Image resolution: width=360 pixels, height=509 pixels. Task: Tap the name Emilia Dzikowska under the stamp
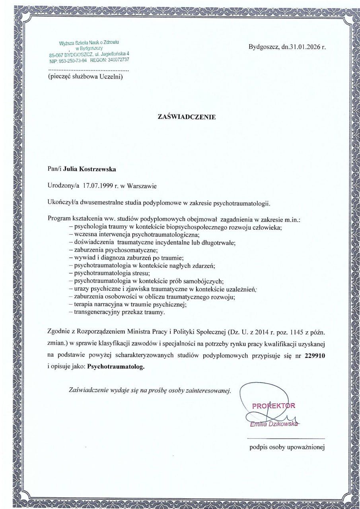coord(273,425)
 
